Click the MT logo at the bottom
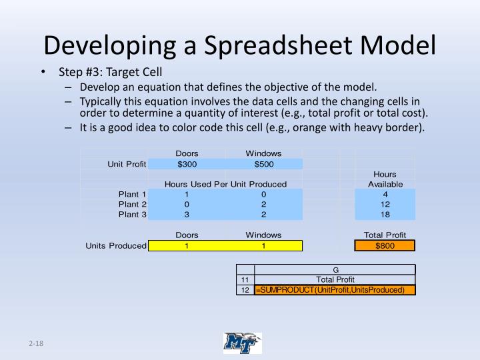[x=242, y=343]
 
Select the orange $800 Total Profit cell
[x=385, y=245]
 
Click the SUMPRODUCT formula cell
[x=335, y=290]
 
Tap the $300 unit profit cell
[x=187, y=164]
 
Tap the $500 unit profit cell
[x=263, y=164]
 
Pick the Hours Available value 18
[x=385, y=215]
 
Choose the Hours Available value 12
[x=385, y=204]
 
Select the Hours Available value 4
[x=385, y=194]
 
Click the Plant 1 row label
[x=132, y=194]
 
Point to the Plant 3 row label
[x=132, y=215]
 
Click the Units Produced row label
[x=115, y=246]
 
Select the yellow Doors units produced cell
[x=187, y=246]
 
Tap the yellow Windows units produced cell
[x=263, y=246]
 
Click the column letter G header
[x=335, y=269]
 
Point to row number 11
[x=245, y=280]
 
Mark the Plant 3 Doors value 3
[x=187, y=215]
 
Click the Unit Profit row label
[x=127, y=164]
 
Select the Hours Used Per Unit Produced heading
[x=225, y=184]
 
